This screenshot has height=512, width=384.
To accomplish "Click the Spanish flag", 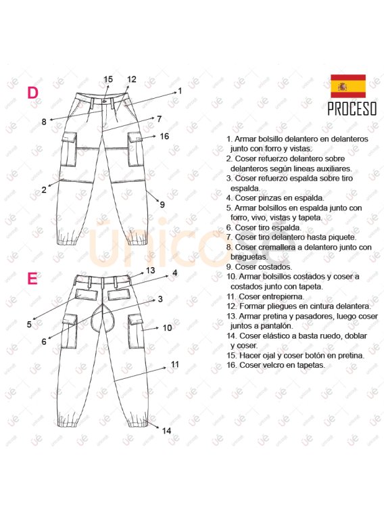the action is pos(348,86).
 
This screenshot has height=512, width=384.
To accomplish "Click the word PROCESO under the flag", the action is pos(352,109).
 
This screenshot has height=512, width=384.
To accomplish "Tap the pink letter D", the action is pos(32,93).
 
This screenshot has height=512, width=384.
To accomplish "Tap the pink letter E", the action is pos(32,279).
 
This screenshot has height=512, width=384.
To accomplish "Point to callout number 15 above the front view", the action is pos(108,79).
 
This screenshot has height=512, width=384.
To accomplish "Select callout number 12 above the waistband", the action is pos(131,79).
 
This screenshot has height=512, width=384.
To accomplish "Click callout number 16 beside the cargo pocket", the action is pos(164,136).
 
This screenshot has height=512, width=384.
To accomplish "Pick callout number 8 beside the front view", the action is pos(44,122).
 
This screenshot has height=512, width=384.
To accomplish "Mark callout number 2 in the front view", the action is pos(44,189).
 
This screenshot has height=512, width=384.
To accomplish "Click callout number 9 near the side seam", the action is pos(162,205).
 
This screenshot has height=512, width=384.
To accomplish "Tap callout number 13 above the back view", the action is pos(150,271).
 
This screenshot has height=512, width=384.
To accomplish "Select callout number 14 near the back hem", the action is pos(167,431).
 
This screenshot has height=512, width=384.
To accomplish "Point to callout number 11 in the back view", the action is pos(175,365).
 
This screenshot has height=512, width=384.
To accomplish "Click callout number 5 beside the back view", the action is pos(29,325).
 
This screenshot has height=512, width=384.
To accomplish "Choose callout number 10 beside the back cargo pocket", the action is pos(168,328).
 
